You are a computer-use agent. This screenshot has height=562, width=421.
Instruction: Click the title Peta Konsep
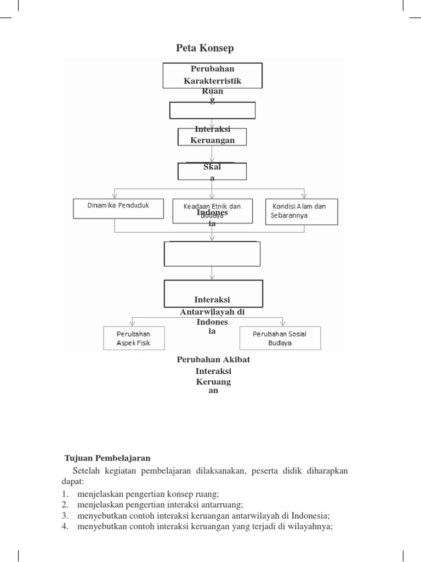[204, 48]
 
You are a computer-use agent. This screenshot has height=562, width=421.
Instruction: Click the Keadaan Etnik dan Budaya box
[212, 211]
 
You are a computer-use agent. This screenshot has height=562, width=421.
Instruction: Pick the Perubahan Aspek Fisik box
[133, 339]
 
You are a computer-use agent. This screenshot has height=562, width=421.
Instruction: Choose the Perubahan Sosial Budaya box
[280, 338]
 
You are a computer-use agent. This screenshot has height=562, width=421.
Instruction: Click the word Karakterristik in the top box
[212, 81]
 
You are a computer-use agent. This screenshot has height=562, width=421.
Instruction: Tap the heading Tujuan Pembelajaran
[107, 458]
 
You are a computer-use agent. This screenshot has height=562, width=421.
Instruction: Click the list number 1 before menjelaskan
[65, 493]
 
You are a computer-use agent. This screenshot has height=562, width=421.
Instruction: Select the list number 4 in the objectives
[65, 526]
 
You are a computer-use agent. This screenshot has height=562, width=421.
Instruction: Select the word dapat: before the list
[72, 481]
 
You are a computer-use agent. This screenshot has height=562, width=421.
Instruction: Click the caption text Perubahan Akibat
[213, 359]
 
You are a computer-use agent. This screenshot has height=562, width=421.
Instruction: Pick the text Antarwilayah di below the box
[212, 312]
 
